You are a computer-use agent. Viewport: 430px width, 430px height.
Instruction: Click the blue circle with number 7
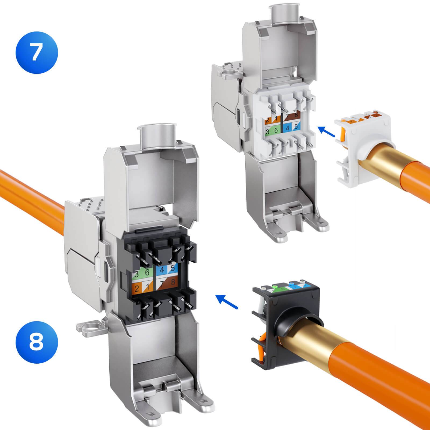(36, 52)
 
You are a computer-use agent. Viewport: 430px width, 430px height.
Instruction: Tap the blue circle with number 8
(36, 343)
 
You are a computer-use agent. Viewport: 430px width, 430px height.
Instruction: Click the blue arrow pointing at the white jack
(327, 131)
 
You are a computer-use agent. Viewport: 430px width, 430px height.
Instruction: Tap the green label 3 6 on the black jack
(142, 274)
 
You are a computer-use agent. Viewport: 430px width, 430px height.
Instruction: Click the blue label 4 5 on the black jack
(167, 269)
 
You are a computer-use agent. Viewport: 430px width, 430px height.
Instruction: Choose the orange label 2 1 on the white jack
(272, 120)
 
